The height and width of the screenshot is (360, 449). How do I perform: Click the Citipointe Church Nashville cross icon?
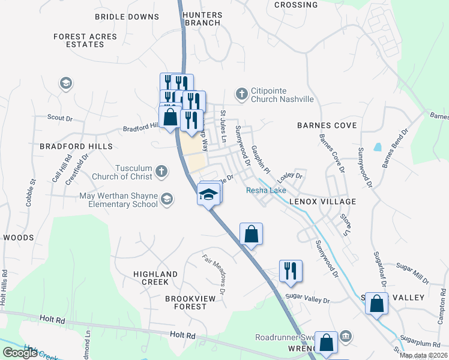241,93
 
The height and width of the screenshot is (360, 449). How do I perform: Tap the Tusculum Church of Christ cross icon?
161,172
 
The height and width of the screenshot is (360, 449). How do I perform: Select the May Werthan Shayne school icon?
166,199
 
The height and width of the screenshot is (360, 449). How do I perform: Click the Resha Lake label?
266,191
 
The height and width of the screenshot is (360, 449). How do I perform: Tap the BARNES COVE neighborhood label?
327,125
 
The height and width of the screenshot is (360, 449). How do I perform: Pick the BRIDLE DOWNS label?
127,17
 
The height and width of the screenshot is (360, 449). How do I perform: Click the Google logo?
20,353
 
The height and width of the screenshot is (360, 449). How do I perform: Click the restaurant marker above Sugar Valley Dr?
291,271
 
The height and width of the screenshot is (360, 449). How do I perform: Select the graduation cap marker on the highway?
208,196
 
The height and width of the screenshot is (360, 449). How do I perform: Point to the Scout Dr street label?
59,118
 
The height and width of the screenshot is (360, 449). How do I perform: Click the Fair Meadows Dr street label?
214,275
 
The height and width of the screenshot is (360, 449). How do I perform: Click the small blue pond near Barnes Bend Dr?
378,146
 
